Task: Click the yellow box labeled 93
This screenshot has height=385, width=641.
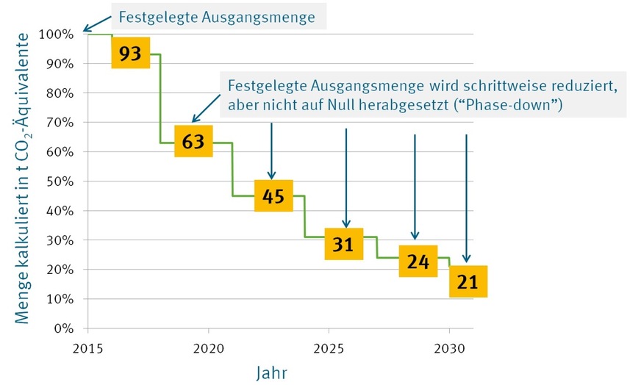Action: click(130, 53)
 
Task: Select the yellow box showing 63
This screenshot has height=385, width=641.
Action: click(193, 141)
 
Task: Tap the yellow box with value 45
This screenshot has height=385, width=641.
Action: click(273, 195)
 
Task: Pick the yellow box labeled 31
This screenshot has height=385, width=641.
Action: click(344, 245)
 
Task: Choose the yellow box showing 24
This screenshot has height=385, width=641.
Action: click(418, 261)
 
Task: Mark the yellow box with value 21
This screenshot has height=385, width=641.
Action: click(468, 281)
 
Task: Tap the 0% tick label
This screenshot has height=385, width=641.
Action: click(65, 328)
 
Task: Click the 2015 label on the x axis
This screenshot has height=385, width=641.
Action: click(87, 345)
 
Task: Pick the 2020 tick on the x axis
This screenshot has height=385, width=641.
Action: click(208, 345)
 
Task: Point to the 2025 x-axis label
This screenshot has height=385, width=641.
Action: click(329, 345)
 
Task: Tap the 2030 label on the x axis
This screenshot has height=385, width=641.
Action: click(449, 345)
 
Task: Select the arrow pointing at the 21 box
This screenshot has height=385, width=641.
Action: click(466, 198)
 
